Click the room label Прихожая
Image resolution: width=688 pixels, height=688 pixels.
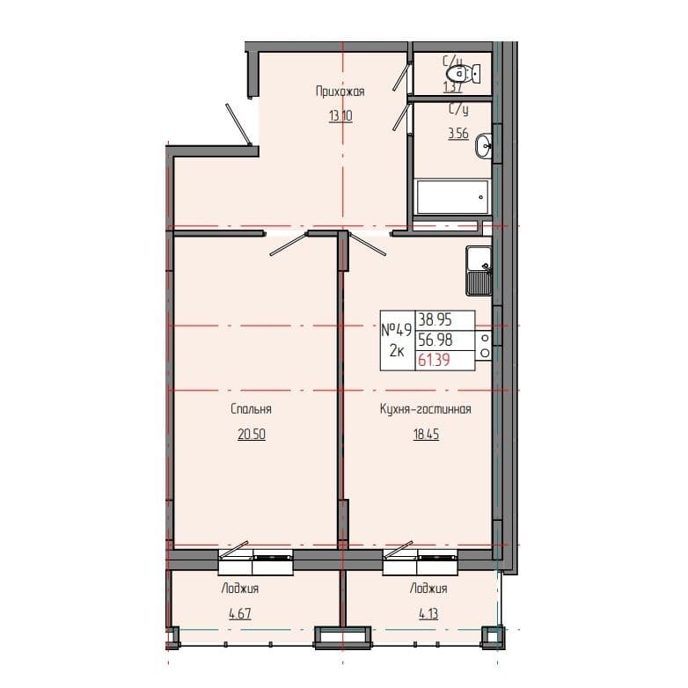coord(340,91)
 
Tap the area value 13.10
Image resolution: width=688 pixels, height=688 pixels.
coord(340,117)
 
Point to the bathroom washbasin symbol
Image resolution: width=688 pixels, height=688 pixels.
coord(485,147)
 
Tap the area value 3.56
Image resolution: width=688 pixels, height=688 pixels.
coord(457,135)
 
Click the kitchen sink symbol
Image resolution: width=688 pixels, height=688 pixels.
coord(479,271)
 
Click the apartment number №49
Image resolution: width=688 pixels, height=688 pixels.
coord(397,331)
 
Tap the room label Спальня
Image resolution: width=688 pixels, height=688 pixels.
coord(251,409)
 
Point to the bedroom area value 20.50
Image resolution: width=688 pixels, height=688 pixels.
coord(251,435)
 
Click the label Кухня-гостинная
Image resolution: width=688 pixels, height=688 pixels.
coord(427,409)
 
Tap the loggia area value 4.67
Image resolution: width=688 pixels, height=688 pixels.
coord(240,616)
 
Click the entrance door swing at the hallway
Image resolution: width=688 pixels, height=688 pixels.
coord(240,124)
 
